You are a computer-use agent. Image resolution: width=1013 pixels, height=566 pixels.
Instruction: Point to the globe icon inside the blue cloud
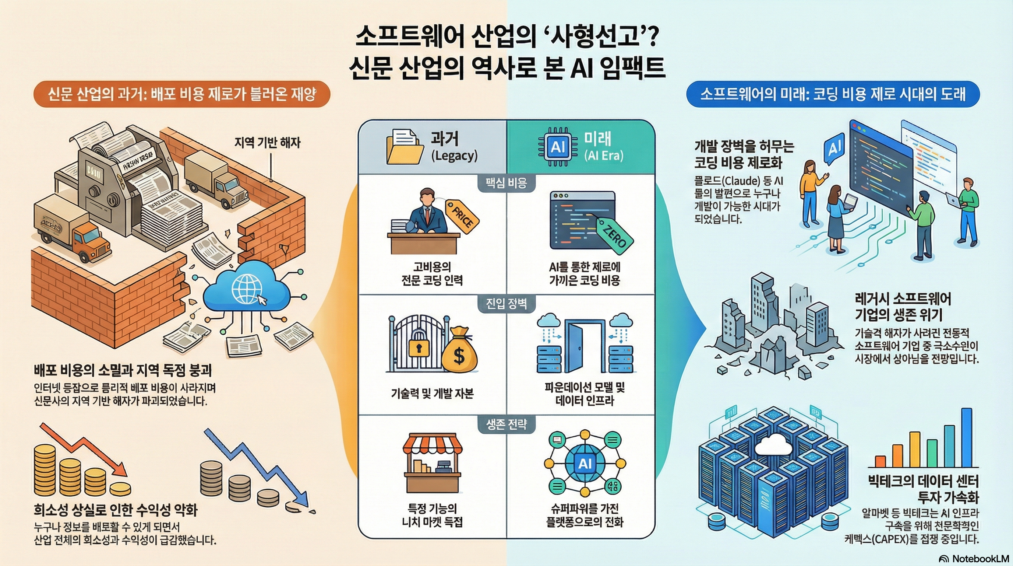(x=247, y=289)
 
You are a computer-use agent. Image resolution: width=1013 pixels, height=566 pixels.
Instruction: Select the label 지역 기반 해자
(x=267, y=143)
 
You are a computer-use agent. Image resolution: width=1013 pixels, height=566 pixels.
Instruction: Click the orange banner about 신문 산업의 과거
(x=182, y=94)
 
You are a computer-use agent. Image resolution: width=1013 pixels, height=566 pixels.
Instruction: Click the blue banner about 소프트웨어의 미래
(x=833, y=94)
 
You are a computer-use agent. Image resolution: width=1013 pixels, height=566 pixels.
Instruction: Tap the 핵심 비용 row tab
(x=506, y=183)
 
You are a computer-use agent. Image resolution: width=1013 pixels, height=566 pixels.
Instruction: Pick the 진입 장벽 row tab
(x=506, y=304)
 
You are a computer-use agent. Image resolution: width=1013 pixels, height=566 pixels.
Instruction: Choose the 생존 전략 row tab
(x=506, y=424)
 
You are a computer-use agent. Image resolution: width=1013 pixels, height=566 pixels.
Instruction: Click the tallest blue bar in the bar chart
(x=966, y=437)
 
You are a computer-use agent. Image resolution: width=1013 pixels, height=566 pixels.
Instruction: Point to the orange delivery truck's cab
(x=88, y=240)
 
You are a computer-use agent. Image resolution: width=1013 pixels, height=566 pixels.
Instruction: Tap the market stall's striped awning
(x=432, y=443)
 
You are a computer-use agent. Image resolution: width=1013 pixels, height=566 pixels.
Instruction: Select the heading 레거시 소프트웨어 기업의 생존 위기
(x=903, y=307)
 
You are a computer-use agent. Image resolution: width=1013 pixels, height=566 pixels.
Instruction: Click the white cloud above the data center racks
(x=773, y=445)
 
